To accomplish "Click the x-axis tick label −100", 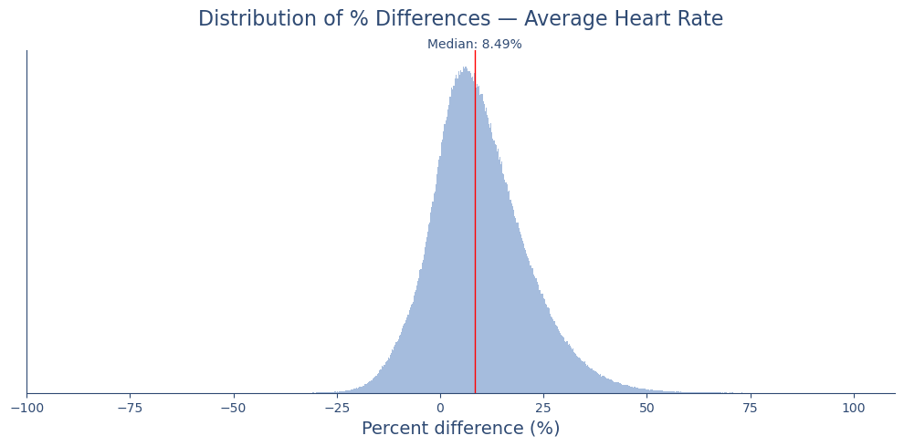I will click(x=26, y=408).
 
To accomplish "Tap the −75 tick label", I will click(x=130, y=408).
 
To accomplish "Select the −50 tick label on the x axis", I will click(x=233, y=408).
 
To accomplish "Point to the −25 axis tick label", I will click(x=336, y=408).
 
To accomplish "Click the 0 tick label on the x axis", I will click(x=440, y=408).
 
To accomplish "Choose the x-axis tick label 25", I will click(x=543, y=408).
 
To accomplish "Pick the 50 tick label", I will click(x=646, y=408).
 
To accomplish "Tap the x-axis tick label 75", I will click(x=750, y=408).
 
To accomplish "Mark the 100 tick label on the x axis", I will click(x=854, y=408).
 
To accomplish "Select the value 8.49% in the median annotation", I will click(x=501, y=45).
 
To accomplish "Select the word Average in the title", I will click(x=562, y=19).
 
